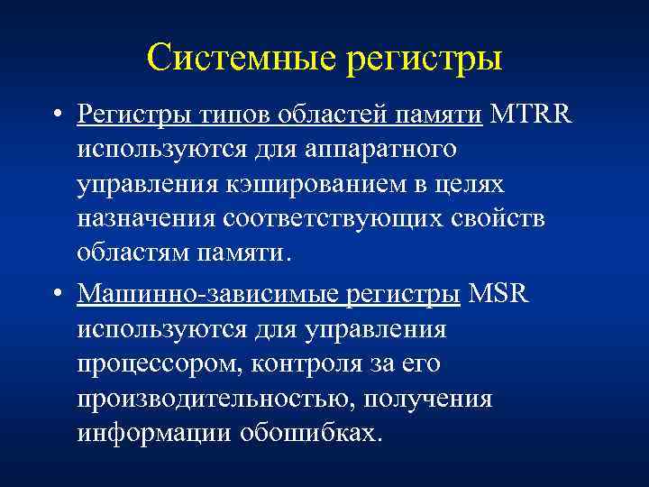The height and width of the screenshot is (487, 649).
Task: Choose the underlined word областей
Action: (x=327, y=115)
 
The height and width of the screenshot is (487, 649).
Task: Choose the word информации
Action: (x=152, y=434)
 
